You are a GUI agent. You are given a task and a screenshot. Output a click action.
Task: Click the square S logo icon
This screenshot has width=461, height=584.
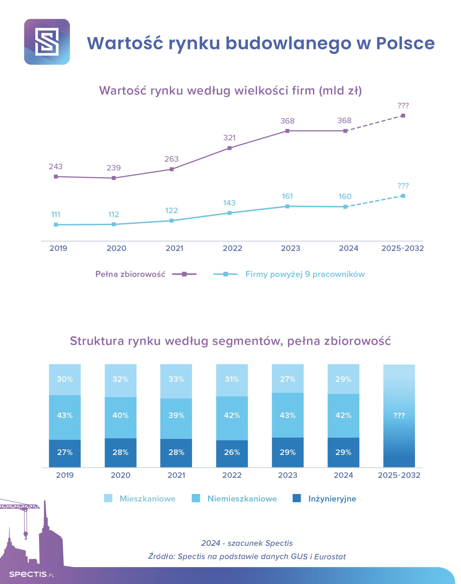47,42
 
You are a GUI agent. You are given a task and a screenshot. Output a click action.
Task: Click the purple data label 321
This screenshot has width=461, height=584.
229,138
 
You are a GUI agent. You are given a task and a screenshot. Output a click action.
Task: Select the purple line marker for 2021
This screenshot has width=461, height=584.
172,169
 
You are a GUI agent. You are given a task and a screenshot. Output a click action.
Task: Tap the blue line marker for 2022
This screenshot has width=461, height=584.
229,213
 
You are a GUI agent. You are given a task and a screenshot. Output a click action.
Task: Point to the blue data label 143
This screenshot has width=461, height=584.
229,203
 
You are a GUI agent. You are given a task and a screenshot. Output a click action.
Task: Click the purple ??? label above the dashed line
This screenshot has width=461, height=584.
403,105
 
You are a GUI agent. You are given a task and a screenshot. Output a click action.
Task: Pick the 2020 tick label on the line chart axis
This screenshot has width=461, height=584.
116,248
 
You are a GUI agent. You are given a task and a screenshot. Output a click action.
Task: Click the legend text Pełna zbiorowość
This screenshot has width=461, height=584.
130,274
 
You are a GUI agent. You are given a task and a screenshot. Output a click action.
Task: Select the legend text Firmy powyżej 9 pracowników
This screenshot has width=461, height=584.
305,274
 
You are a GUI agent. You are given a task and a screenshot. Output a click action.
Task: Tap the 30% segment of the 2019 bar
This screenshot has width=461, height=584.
65,379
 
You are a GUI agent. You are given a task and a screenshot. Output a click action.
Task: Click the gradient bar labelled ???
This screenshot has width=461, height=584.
399,416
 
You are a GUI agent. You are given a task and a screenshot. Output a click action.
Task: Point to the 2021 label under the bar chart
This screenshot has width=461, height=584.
176,475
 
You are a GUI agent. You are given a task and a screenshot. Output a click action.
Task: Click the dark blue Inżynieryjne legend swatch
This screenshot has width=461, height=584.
297,498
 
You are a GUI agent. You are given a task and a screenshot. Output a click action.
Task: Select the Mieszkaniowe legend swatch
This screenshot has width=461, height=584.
108,498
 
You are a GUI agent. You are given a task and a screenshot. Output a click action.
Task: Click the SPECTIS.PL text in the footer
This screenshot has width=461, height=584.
32,574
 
